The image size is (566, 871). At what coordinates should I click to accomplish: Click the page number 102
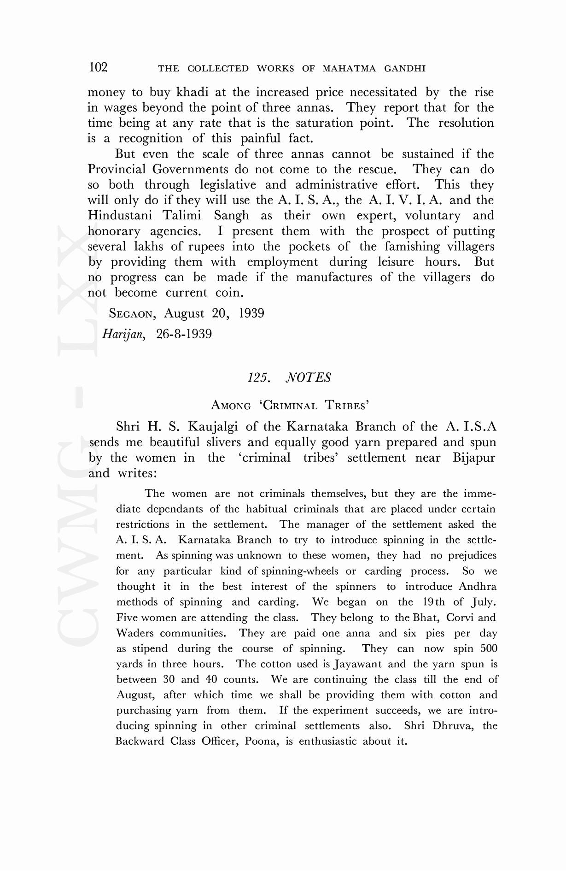point(98,67)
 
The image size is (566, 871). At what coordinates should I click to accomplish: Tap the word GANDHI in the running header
point(406,69)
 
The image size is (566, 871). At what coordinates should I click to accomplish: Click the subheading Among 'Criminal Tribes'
point(290,405)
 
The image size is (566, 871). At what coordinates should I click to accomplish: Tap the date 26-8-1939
point(184,334)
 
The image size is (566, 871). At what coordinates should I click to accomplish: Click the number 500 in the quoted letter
point(488,648)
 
